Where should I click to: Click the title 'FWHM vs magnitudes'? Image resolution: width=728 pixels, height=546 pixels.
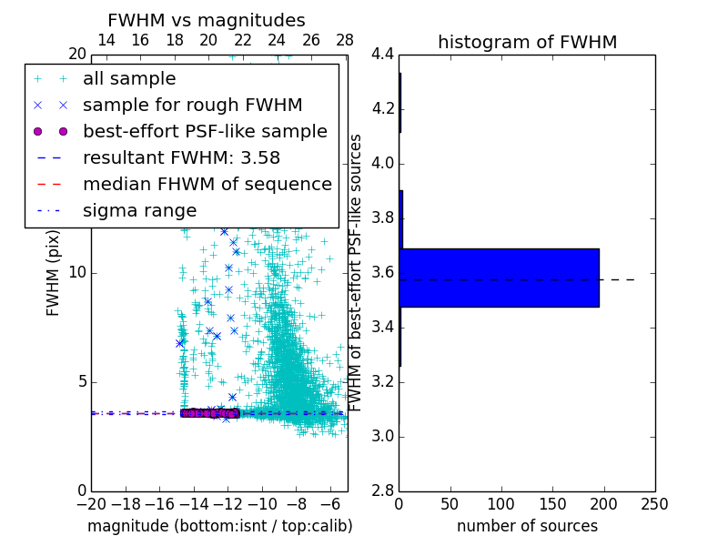[206, 20]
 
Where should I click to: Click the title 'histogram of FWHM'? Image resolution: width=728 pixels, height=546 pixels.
[527, 42]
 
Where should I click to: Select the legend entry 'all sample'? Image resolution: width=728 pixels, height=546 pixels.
[129, 79]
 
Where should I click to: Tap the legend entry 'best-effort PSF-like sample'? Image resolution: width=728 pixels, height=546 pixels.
[205, 131]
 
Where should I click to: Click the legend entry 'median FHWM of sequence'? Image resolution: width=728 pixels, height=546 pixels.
[207, 184]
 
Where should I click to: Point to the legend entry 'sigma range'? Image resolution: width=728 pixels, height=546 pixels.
[139, 210]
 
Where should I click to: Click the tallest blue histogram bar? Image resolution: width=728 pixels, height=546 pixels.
[499, 278]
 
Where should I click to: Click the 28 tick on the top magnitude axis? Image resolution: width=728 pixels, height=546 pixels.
[345, 40]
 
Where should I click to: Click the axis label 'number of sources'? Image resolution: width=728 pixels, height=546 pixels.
[527, 526]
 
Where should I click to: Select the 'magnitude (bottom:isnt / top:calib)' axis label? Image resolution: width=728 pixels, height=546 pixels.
[219, 526]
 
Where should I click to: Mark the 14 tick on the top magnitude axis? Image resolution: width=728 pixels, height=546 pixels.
[106, 40]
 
